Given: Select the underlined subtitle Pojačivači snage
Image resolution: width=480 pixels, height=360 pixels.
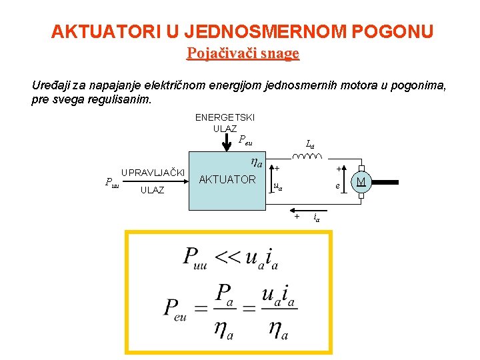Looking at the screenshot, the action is [x=243, y=53].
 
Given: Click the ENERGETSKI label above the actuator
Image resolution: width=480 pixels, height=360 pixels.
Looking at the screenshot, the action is [x=225, y=117].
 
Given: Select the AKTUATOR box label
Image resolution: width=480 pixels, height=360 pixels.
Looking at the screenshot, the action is [x=227, y=179].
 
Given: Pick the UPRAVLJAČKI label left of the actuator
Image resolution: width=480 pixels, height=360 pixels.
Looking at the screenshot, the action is [x=153, y=173].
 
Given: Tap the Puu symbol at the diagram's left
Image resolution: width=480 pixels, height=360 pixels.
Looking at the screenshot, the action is [x=111, y=181].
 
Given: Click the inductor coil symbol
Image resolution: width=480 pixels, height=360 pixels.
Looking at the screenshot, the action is [x=308, y=158].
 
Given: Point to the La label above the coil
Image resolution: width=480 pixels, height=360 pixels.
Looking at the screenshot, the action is [x=310, y=143].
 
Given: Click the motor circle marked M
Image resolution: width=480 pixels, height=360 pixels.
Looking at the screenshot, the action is [x=361, y=183].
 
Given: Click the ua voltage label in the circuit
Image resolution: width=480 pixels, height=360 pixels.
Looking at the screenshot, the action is [x=278, y=187].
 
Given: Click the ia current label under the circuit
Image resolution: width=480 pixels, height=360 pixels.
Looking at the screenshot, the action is [x=317, y=217].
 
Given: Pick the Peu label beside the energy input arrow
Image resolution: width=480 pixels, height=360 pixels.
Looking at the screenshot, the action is [x=245, y=141].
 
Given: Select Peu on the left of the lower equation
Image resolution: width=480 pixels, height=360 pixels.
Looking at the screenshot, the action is [x=175, y=309].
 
